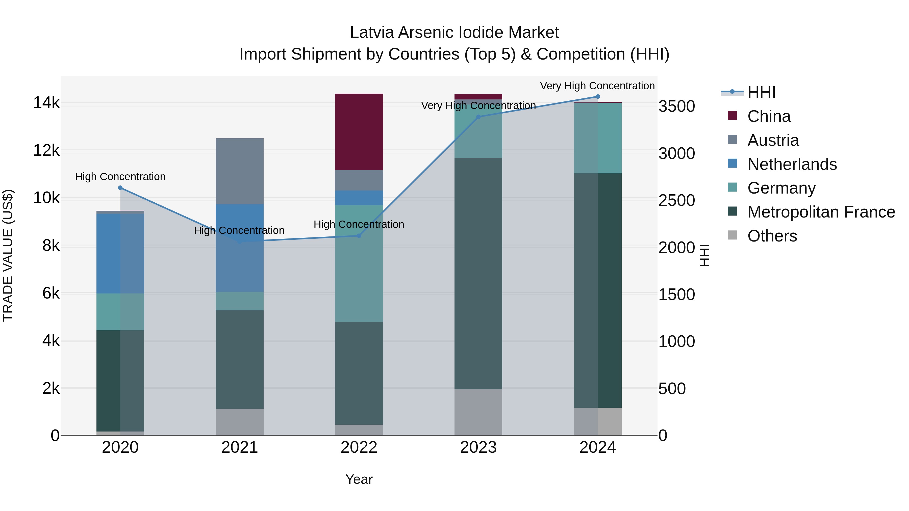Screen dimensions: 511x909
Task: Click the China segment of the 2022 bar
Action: coord(359,132)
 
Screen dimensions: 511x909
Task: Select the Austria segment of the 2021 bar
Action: coord(240,171)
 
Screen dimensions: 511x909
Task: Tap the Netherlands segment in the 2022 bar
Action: coord(359,198)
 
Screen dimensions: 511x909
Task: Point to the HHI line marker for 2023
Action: coord(478,117)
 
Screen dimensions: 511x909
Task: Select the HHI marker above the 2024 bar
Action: coord(598,97)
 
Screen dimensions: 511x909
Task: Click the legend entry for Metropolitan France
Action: coord(821,212)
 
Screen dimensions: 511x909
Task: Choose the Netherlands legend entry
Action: coord(792,164)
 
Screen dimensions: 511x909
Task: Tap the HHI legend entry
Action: coord(761,92)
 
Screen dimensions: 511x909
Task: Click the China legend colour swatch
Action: coord(732,116)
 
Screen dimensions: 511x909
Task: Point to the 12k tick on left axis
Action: coord(46,151)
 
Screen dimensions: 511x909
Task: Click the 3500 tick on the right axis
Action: coord(676,106)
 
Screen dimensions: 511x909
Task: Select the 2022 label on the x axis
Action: coord(359,447)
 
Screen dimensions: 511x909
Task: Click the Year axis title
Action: coord(359,479)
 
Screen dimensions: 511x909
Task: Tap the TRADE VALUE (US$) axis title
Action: coord(8,255)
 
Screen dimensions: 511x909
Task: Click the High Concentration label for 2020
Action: coord(120,177)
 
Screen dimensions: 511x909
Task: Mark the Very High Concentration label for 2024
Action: coord(597,86)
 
